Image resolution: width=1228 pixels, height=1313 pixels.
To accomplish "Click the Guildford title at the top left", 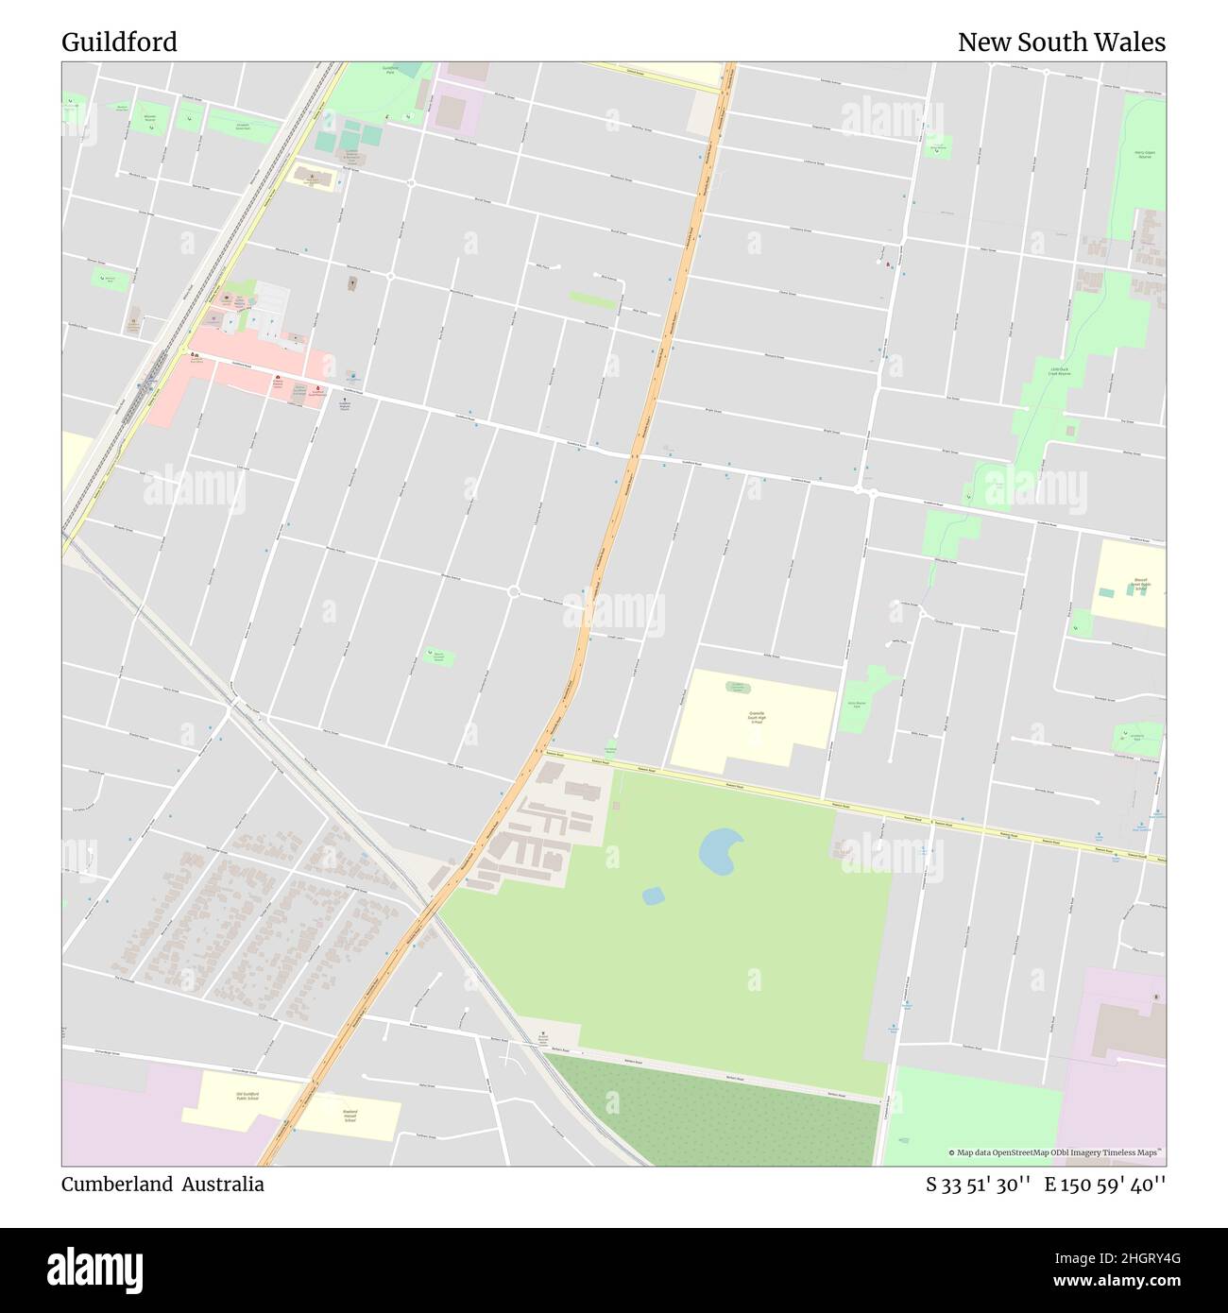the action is pyautogui.click(x=119, y=43).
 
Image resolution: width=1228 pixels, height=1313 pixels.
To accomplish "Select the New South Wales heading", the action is pyautogui.click(x=1061, y=43).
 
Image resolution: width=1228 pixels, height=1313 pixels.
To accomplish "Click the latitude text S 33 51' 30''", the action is pyautogui.click(x=978, y=1185).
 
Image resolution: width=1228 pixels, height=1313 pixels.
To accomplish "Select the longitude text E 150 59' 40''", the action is pyautogui.click(x=1104, y=1185).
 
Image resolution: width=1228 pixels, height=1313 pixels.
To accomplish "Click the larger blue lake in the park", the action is pyautogui.click(x=721, y=850).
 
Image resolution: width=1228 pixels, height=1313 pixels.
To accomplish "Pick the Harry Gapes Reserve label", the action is pyautogui.click(x=1144, y=154).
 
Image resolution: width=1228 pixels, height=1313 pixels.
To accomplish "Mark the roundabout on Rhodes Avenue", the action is pyautogui.click(x=514, y=592).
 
